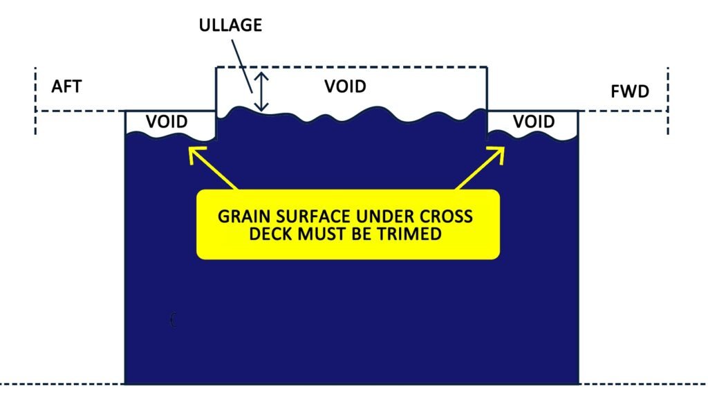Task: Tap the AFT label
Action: click(67, 87)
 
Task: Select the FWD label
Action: click(631, 91)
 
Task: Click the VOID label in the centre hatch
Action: click(345, 87)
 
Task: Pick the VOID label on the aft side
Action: click(167, 122)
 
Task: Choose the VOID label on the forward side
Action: click(534, 122)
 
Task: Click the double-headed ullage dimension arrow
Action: click(261, 92)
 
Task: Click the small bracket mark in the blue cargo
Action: click(173, 319)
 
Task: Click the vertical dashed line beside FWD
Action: click(668, 100)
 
